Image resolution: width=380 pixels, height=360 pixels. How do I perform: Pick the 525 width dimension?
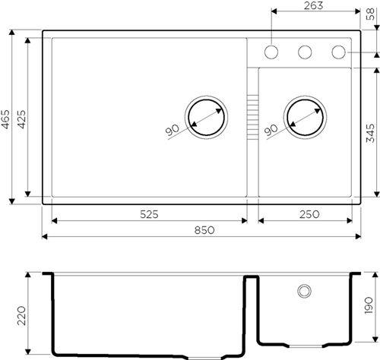148,215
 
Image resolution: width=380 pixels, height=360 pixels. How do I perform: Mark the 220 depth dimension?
22,315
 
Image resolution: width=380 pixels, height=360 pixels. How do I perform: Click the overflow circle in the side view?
304,291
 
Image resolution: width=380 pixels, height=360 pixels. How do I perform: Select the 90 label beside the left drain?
172,131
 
